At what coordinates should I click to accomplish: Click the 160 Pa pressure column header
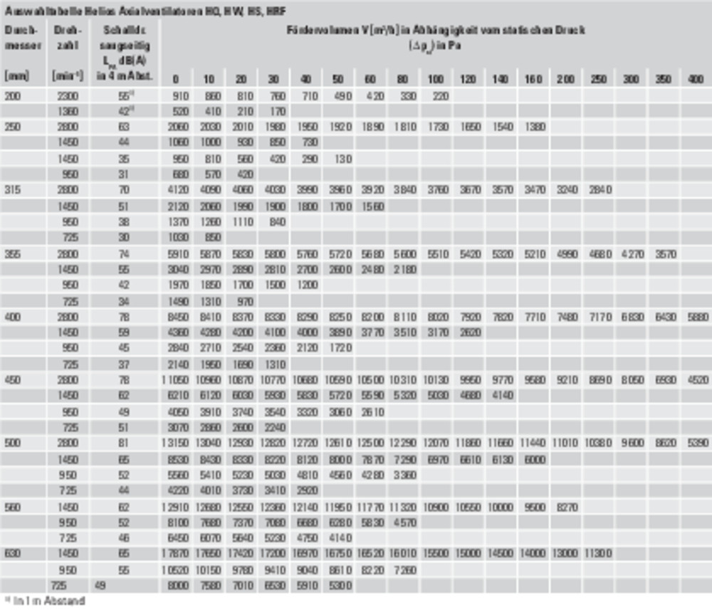(534, 79)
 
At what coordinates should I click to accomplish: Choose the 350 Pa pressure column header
(663, 79)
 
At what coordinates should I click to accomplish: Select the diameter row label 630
(13, 552)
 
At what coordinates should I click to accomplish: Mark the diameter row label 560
(13, 507)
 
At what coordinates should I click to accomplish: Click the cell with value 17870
(179, 552)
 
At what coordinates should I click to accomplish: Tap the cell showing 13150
(179, 443)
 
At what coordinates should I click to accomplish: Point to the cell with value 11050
(179, 379)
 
